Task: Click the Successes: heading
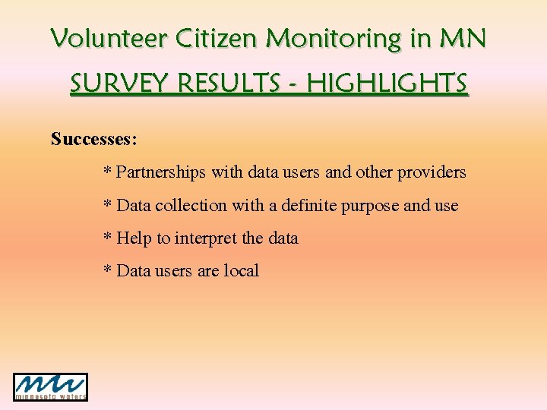(x=94, y=139)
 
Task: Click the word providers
(x=432, y=172)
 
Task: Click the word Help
(x=134, y=238)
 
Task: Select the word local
(x=242, y=271)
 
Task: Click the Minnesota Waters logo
(x=51, y=387)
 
